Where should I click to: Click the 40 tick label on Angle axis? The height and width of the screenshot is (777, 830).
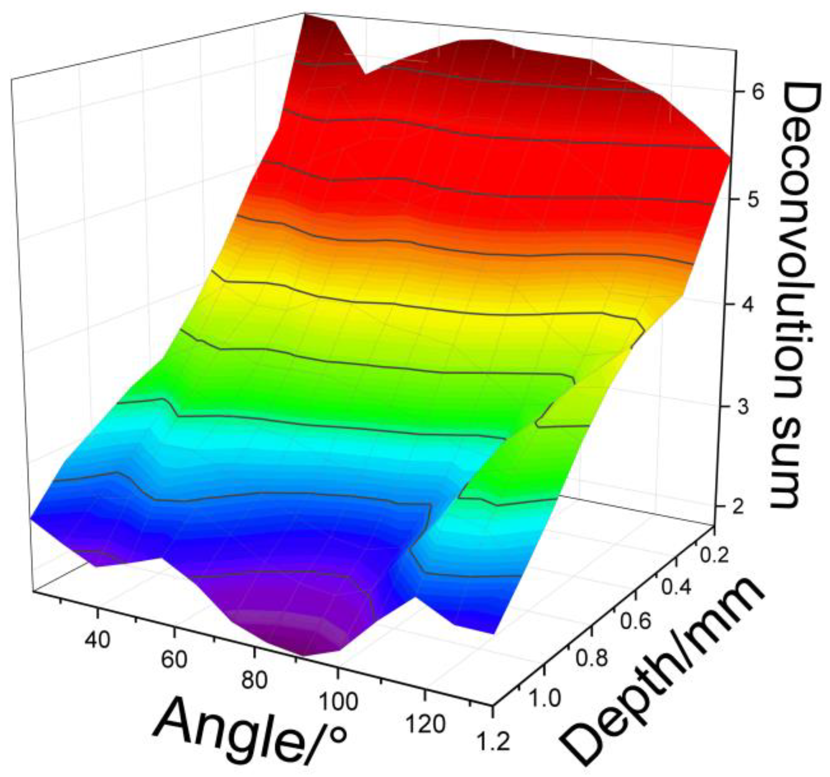tap(97, 639)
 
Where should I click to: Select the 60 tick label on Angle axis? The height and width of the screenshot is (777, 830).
tap(174, 659)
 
